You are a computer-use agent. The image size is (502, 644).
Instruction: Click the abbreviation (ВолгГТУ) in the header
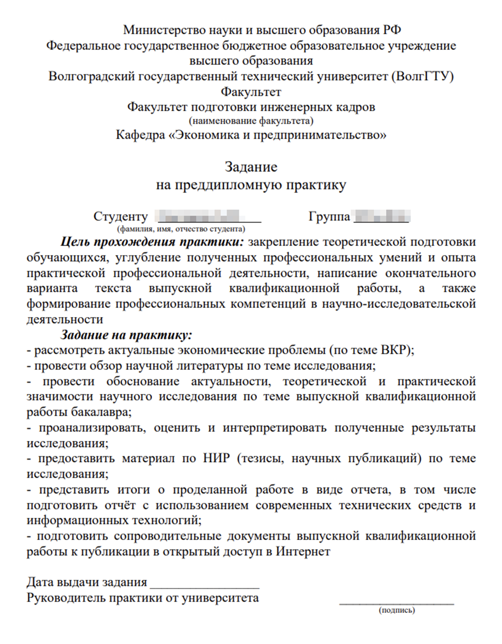click(423, 76)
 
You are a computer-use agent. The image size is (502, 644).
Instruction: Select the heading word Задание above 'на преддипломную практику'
click(251, 166)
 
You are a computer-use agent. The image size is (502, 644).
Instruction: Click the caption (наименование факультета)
click(251, 120)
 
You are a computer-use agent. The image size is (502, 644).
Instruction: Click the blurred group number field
click(382, 216)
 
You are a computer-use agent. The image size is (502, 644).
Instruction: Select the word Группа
click(329, 216)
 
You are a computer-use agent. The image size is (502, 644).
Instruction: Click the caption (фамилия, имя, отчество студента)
click(181, 229)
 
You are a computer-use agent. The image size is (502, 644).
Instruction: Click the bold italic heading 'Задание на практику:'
click(126, 335)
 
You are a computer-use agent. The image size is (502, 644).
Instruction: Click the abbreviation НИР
click(216, 458)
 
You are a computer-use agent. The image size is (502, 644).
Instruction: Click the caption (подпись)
click(396, 610)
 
